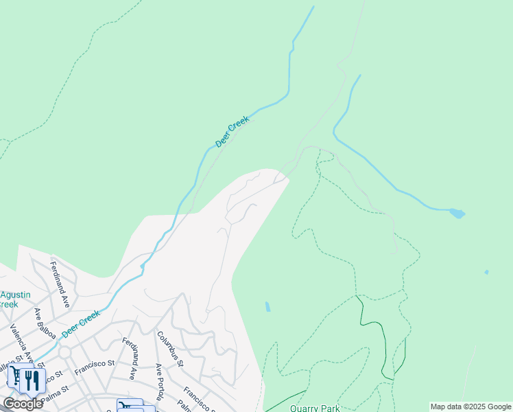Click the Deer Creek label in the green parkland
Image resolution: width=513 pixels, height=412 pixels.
pos(233,131)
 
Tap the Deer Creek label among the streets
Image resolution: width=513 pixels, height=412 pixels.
pos(81,323)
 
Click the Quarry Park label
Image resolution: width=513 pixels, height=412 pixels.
pos(314,408)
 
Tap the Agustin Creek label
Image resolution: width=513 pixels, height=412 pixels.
pos(14,299)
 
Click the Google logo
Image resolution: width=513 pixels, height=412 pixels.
pos(23,404)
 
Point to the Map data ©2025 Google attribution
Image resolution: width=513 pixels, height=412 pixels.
pos(471,407)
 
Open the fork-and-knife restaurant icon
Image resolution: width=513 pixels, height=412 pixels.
pos(32,380)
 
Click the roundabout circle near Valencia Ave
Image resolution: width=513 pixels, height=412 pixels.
pos(64,352)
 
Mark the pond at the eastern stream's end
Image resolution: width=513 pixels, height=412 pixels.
pos(457,214)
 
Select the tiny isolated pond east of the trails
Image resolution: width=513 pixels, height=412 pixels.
pos(486,272)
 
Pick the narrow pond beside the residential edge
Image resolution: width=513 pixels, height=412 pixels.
pos(267,306)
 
